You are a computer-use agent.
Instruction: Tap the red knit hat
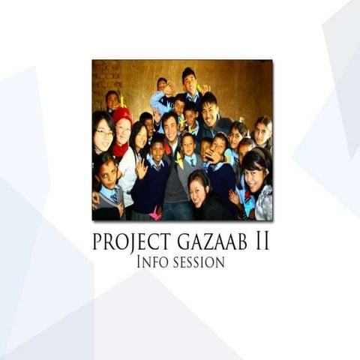point(122,114)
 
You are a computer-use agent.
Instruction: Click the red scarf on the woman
point(120,148)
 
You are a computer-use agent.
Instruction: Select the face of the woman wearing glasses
point(103,133)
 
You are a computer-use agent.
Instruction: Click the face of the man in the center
point(170,126)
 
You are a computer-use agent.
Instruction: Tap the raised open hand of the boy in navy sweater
point(141,166)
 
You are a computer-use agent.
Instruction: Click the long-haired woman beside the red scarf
point(139,138)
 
